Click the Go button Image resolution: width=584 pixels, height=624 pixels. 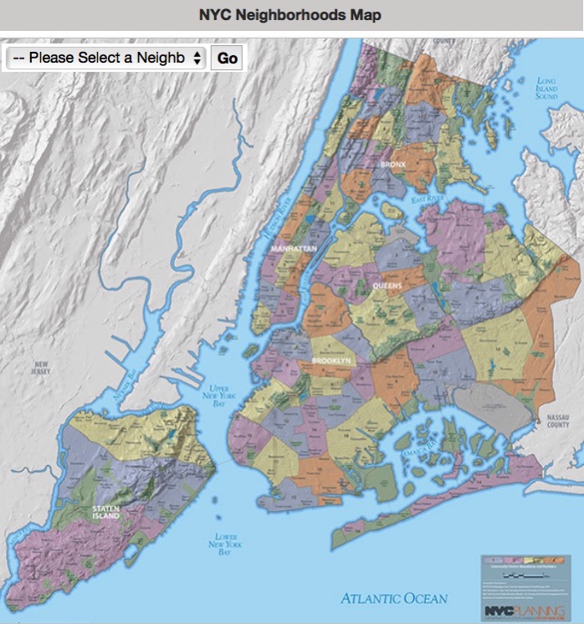tap(226, 58)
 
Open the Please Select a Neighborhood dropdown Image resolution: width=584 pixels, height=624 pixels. tap(105, 58)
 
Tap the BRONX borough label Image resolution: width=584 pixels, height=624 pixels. tap(392, 165)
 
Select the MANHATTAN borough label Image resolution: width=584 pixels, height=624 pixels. tap(293, 249)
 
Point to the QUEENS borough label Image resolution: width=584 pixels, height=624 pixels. tap(386, 286)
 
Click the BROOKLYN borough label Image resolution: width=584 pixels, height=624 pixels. tap(333, 361)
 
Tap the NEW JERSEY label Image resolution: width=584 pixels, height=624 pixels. tap(41, 369)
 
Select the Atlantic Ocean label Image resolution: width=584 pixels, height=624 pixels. tap(393, 598)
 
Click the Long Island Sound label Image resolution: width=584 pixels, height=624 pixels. tap(546, 89)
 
